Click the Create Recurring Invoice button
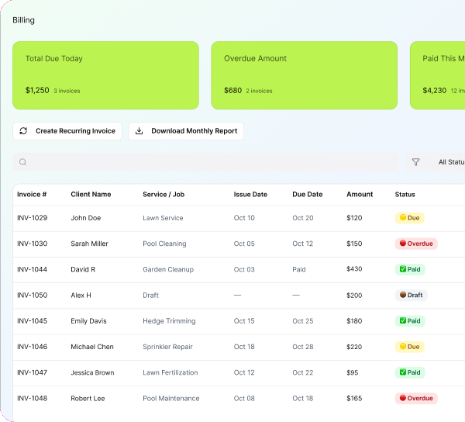tap(67, 131)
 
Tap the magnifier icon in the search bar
tap(22, 162)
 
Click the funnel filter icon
tap(415, 162)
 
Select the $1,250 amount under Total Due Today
tap(37, 90)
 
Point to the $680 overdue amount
tap(232, 91)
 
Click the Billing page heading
tap(23, 20)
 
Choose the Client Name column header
tap(91, 195)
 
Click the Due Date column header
tap(308, 195)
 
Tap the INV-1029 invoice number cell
tap(32, 218)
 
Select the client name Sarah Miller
tap(89, 244)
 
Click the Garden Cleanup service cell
tap(168, 269)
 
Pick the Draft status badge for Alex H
tap(411, 295)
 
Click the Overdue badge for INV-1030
tap(416, 244)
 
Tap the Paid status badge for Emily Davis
tap(410, 321)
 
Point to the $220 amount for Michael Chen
tap(354, 347)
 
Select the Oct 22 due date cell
tap(303, 372)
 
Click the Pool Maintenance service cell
tap(171, 398)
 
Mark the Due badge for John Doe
tap(409, 218)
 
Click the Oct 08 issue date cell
tap(244, 398)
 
